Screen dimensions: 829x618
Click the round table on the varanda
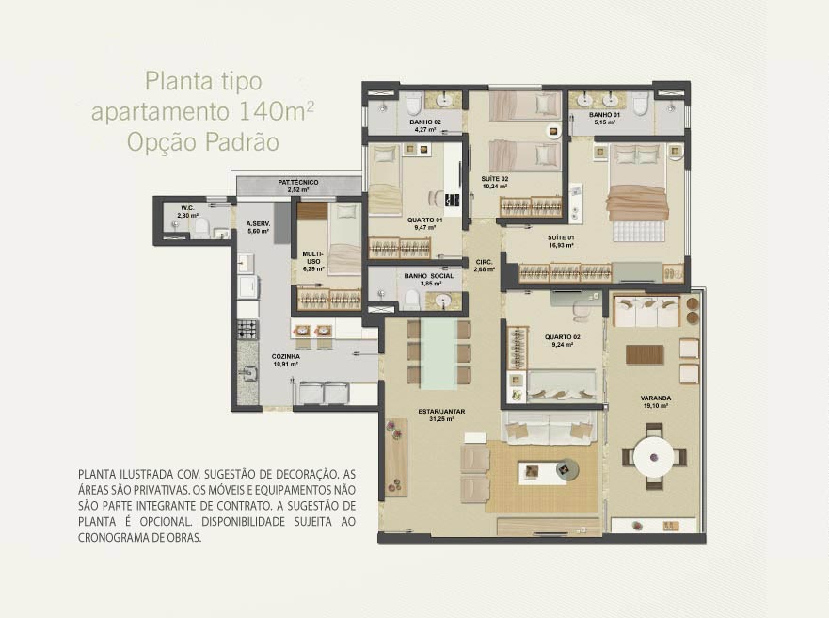pos(654,457)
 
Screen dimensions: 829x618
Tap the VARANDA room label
pos(656,398)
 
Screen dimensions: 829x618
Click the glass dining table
pos(438,353)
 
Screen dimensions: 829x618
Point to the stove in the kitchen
pos(247,329)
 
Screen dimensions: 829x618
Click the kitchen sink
pos(247,374)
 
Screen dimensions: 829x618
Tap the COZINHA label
pos(285,357)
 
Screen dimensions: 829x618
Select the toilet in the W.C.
pos(201,228)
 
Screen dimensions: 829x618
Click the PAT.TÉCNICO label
pos(298,183)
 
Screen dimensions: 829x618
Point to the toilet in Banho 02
pos(414,103)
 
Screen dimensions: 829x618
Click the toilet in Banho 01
pos(640,104)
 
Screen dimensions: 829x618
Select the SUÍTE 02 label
pos(495,179)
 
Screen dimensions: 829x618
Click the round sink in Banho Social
pos(442,301)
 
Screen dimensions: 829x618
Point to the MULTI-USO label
pos(311,258)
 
